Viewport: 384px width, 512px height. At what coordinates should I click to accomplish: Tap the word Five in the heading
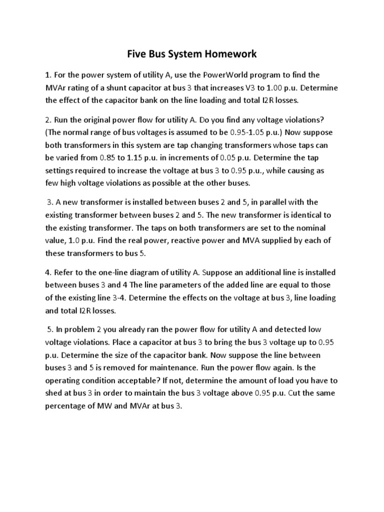pos(133,53)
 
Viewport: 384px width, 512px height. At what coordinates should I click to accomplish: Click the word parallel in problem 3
pos(273,202)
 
